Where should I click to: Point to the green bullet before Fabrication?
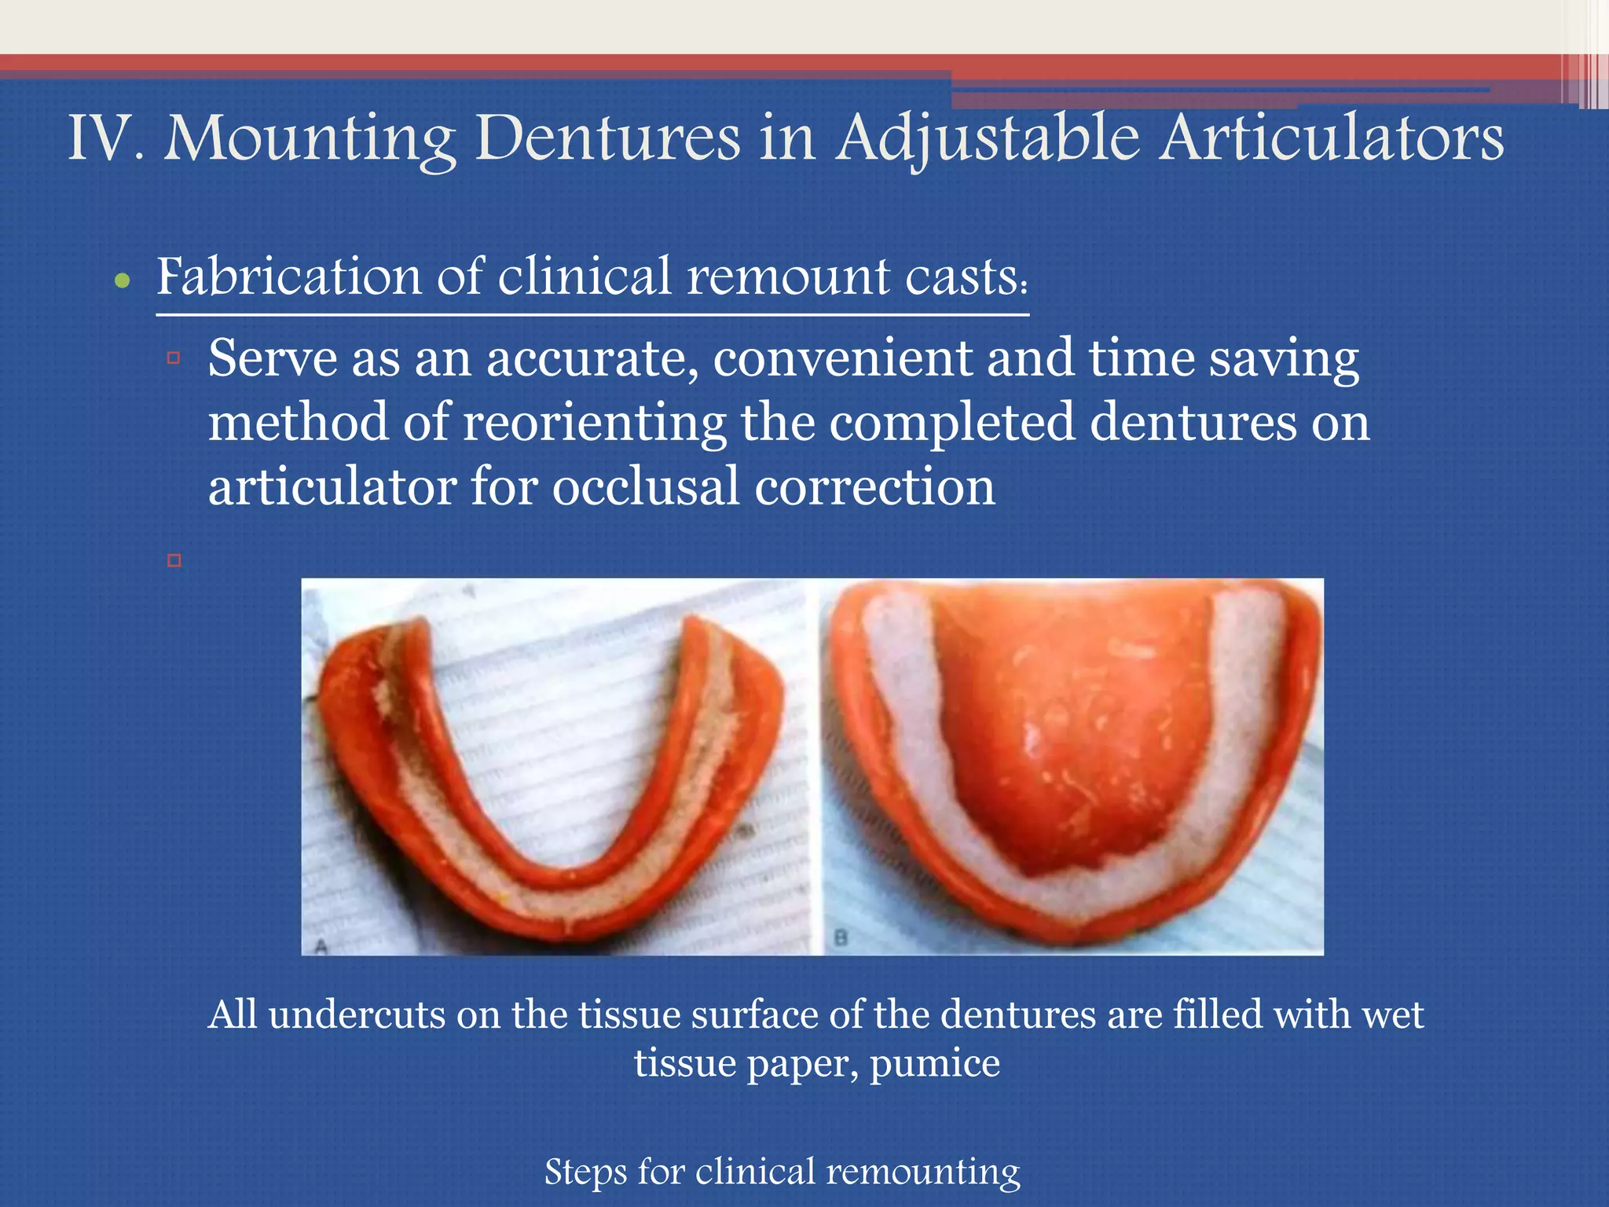click(x=122, y=281)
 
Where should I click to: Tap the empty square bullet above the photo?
click(x=174, y=560)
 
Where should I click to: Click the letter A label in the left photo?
click(x=320, y=946)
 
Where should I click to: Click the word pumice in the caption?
click(x=934, y=1064)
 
